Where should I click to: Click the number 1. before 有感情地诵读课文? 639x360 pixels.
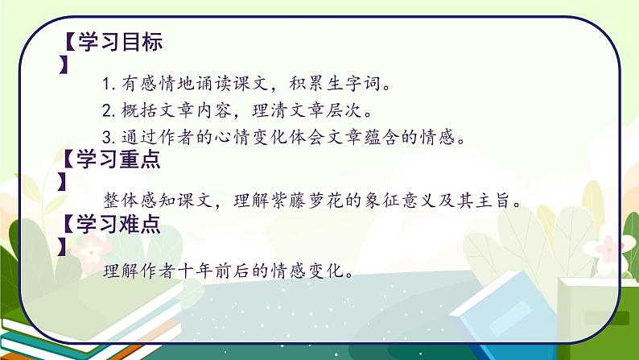[x=110, y=83]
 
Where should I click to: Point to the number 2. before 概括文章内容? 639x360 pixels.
[x=110, y=110]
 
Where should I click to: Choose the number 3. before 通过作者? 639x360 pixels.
[x=110, y=138]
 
